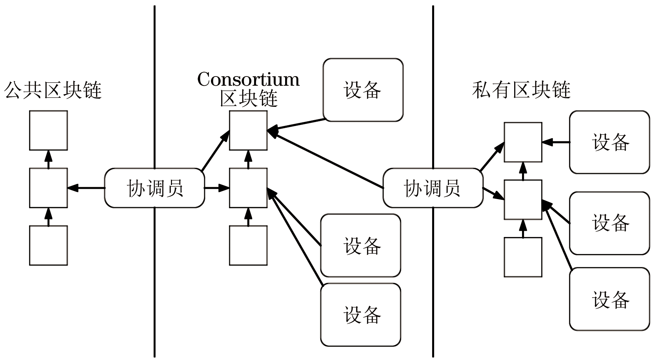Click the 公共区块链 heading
53,90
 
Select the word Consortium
248,80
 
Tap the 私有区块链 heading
521,90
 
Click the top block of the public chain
48,130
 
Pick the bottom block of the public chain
48,245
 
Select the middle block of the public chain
48,188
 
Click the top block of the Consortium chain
248,130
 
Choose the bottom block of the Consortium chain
248,245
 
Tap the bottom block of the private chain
523,257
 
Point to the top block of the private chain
523,142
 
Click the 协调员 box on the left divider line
155,188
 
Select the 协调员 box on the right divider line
433,188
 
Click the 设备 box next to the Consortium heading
363,90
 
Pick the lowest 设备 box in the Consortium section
361,315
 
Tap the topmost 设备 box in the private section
610,142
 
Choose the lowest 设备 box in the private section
610,299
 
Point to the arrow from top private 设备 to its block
556,142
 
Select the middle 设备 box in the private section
610,223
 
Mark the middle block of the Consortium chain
248,188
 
